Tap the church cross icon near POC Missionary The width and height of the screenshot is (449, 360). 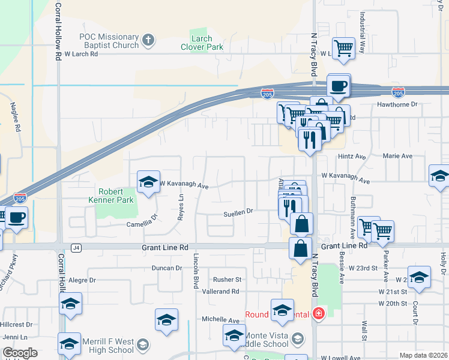pyautogui.click(x=148, y=41)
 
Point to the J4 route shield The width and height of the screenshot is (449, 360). pyautogui.click(x=76, y=247)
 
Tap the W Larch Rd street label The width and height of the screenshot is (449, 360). pyautogui.click(x=80, y=53)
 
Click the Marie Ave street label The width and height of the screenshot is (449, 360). pyautogui.click(x=398, y=156)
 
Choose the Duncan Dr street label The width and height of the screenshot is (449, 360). pyautogui.click(x=167, y=268)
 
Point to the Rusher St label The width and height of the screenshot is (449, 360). pyautogui.click(x=227, y=280)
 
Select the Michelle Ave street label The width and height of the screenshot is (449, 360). pyautogui.click(x=220, y=320)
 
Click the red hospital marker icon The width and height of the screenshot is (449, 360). pyautogui.click(x=318, y=314)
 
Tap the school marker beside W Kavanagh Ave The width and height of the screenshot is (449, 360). pyautogui.click(x=148, y=182)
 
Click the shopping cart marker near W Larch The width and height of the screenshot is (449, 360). pyautogui.click(x=343, y=48)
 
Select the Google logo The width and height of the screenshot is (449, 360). pyautogui.click(x=20, y=353)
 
